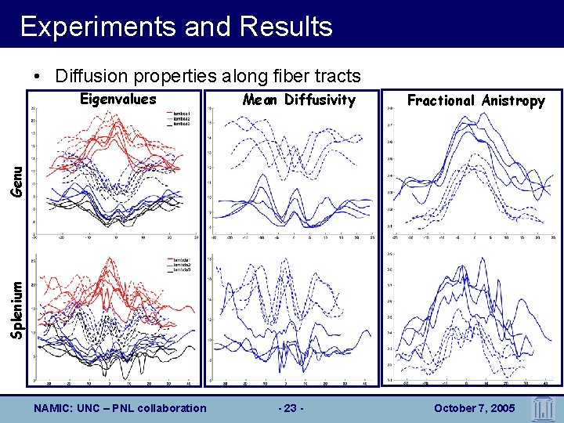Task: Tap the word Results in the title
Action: click(x=287, y=27)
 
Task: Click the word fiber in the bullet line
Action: click(x=287, y=76)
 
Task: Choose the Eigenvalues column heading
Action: click(x=118, y=99)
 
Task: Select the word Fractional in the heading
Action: click(x=441, y=100)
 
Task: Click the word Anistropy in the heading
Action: click(x=513, y=100)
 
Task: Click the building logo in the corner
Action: click(x=544, y=407)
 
